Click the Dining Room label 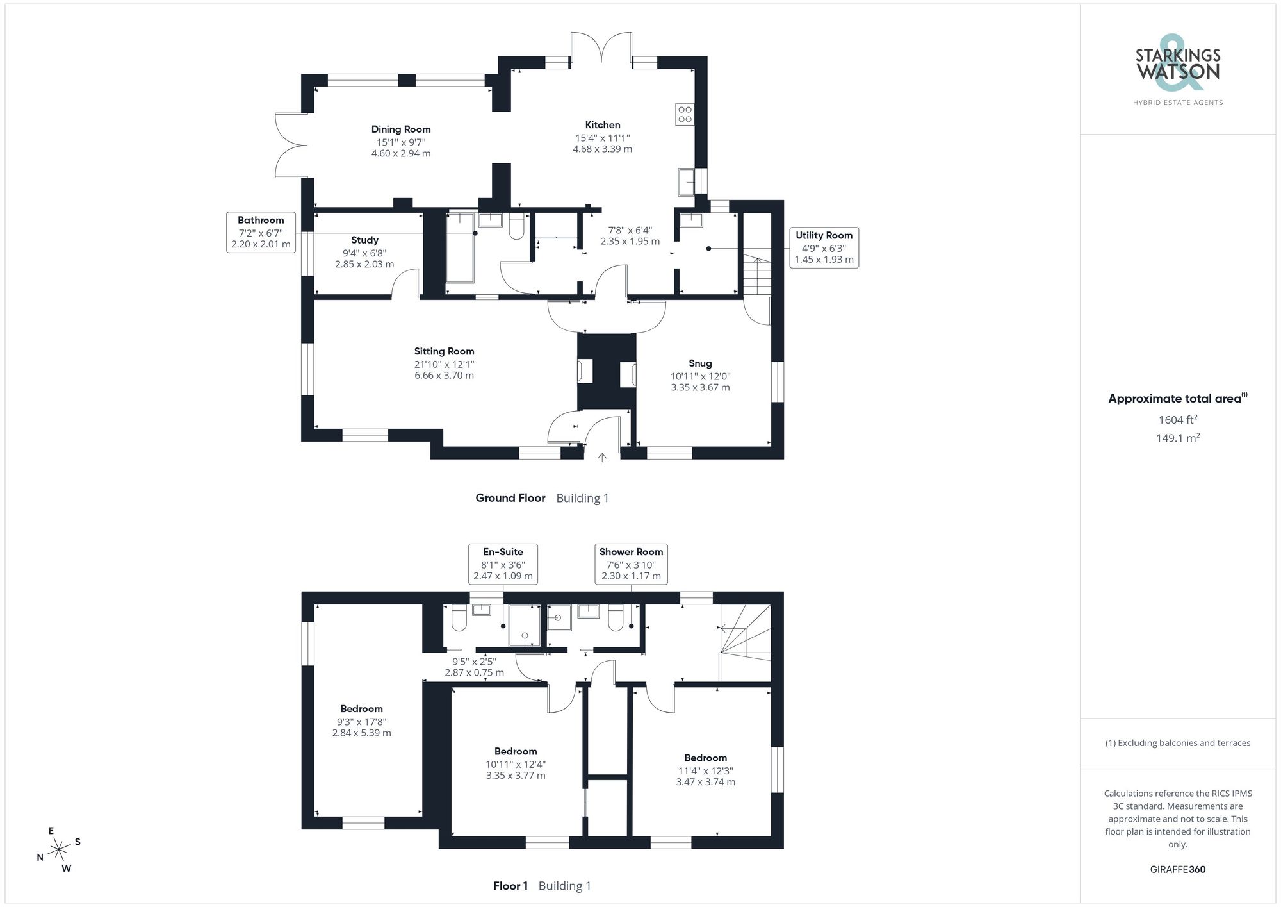pyautogui.click(x=401, y=129)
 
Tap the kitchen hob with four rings pyautogui.click(x=685, y=114)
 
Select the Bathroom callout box pyautogui.click(x=261, y=232)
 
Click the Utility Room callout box pyautogui.click(x=824, y=247)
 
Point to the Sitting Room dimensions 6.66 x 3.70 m pyautogui.click(x=444, y=376)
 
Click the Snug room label pyautogui.click(x=700, y=363)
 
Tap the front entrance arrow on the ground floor pyautogui.click(x=602, y=458)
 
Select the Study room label pyautogui.click(x=364, y=240)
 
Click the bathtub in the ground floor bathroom pyautogui.click(x=460, y=248)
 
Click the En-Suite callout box pyautogui.click(x=503, y=563)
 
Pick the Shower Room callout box pyautogui.click(x=631, y=563)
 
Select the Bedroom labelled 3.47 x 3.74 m pyautogui.click(x=705, y=770)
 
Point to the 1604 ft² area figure pyautogui.click(x=1178, y=420)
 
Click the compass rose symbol pyautogui.click(x=59, y=851)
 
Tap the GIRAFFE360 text pyautogui.click(x=1178, y=870)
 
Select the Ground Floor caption pyautogui.click(x=510, y=498)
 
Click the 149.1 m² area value pyautogui.click(x=1178, y=438)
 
